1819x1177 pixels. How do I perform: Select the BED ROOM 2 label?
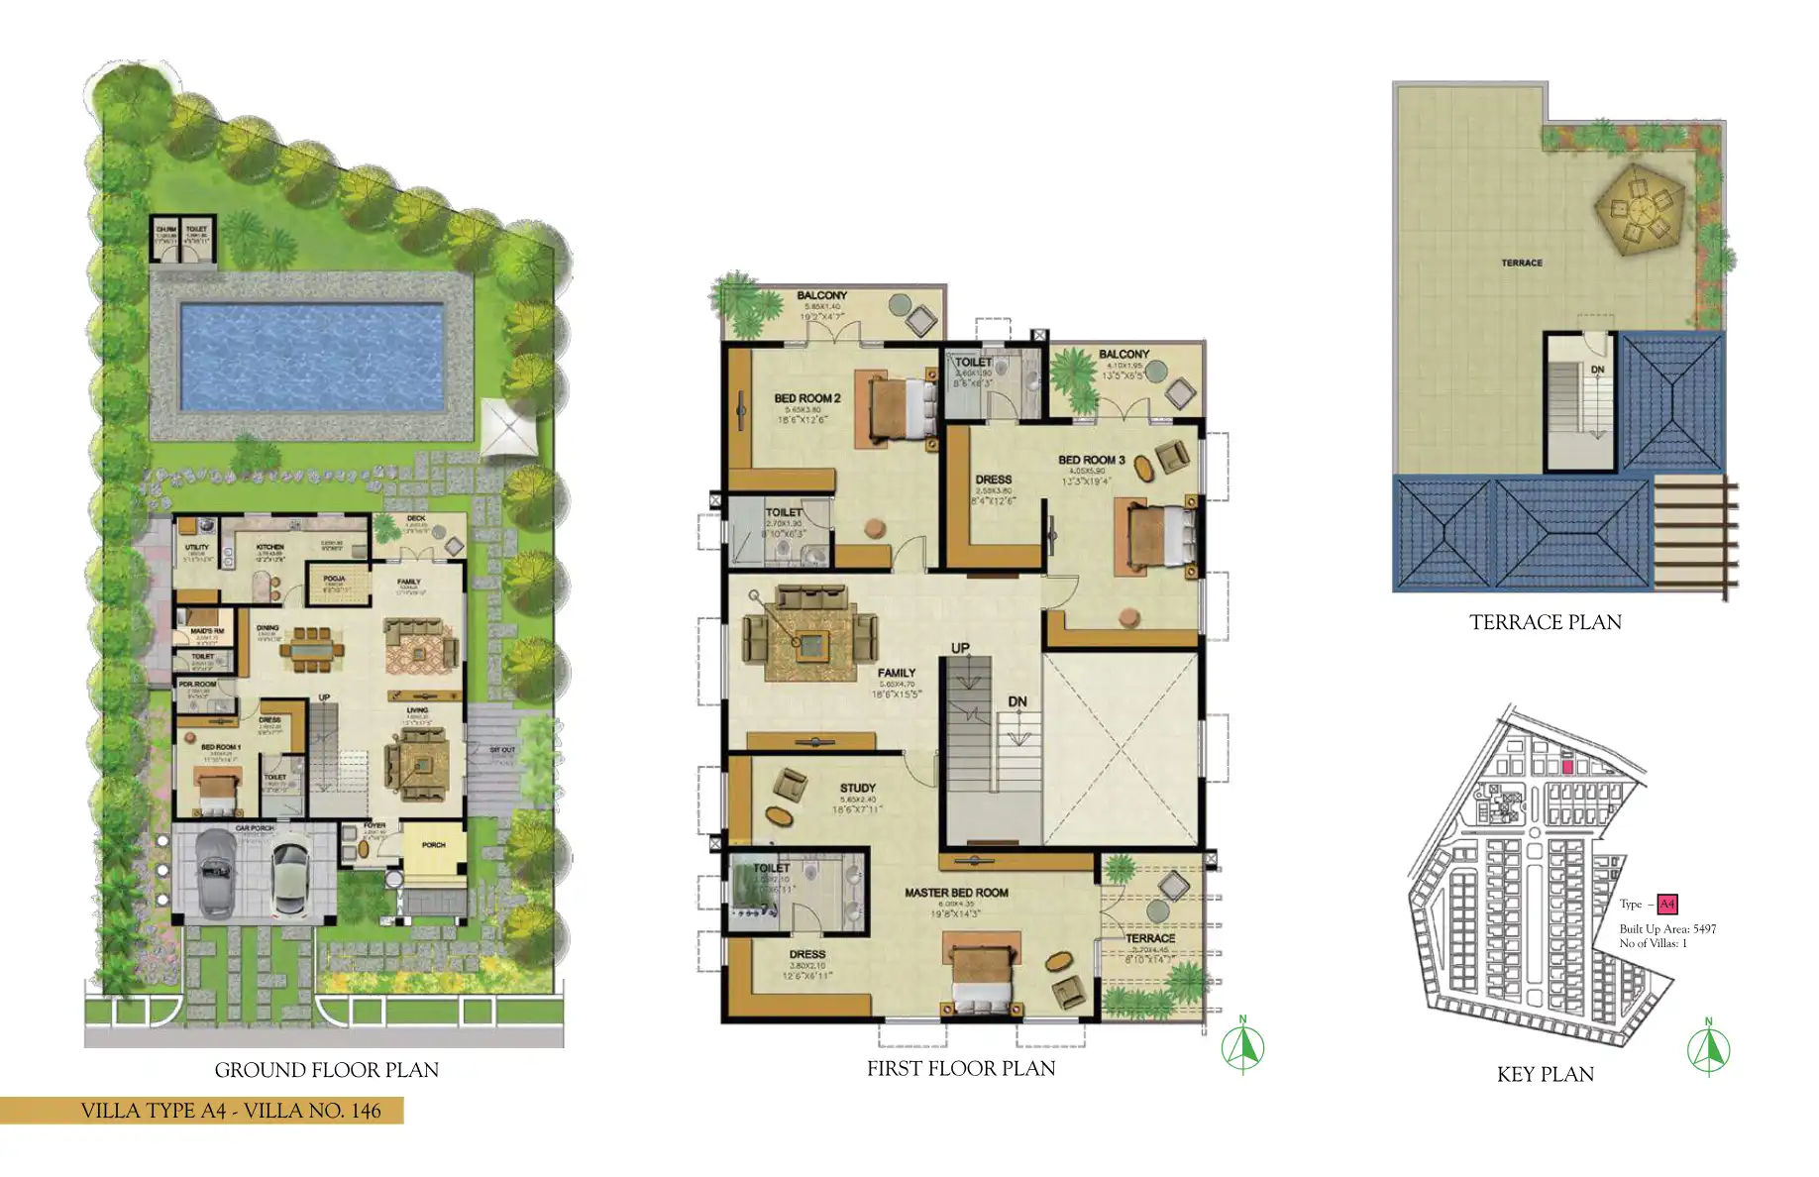pos(806,398)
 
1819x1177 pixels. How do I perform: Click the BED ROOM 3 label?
pos(1091,460)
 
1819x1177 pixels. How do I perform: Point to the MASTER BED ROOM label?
pos(956,893)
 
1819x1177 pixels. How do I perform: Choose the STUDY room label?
pos(857,788)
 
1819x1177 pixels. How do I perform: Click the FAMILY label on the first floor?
pos(896,673)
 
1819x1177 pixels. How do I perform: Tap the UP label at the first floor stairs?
pos(960,648)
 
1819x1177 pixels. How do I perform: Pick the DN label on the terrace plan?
pos(1597,370)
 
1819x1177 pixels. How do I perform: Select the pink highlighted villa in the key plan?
pos(1567,767)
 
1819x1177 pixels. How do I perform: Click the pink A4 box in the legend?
pos(1666,904)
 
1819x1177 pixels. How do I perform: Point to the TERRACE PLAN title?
pos(1545,622)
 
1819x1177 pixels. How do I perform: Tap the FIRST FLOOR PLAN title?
pos(960,1068)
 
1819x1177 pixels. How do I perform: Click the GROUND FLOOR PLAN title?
pos(326,1070)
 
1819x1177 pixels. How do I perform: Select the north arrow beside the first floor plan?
pos(1242,1046)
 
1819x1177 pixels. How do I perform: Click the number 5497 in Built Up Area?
pos(1704,929)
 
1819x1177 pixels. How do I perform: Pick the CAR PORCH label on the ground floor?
pos(255,828)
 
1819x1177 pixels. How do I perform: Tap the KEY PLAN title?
pos(1545,1074)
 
